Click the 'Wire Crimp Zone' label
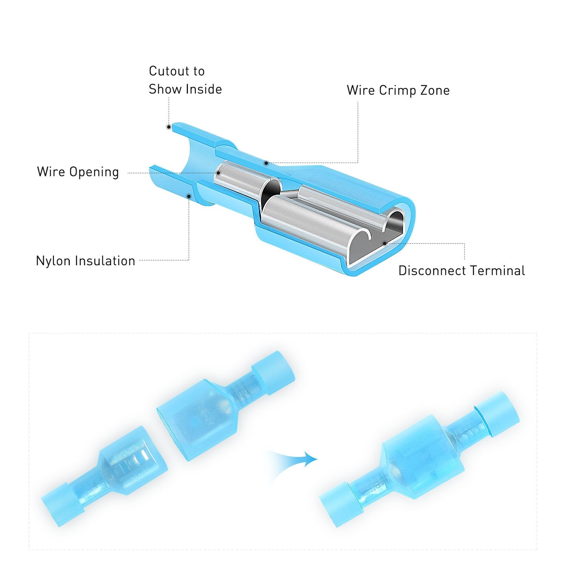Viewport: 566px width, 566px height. tap(398, 91)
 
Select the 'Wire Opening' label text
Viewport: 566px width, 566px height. tap(78, 172)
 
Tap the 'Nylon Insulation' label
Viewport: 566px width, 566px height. tap(85, 261)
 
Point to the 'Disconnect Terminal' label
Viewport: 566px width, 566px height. tap(461, 271)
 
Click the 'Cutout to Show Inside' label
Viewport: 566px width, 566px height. tap(185, 80)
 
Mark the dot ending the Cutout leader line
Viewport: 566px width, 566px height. tap(169, 127)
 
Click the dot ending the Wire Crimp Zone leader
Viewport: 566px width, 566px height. tap(266, 163)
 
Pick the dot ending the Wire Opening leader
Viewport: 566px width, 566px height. tap(218, 173)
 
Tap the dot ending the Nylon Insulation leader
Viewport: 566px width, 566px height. tap(189, 196)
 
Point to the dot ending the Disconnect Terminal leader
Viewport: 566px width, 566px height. tap(385, 243)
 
